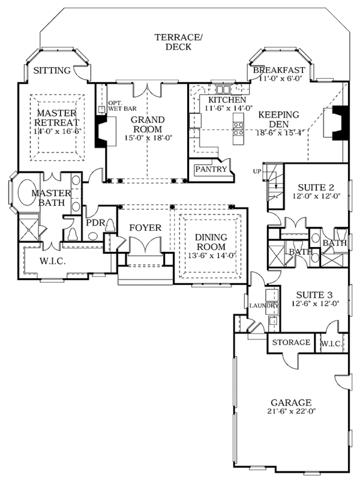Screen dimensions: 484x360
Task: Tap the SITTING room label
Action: pos(52,71)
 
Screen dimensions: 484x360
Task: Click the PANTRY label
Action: pos(211,169)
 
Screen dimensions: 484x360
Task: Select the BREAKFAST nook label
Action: pos(279,70)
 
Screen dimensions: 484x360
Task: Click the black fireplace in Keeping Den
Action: pos(340,122)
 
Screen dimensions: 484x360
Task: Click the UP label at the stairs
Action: pos(257,171)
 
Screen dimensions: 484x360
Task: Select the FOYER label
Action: pos(145,227)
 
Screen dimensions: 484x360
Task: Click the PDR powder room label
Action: pos(95,223)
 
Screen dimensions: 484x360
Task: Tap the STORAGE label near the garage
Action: pos(292,342)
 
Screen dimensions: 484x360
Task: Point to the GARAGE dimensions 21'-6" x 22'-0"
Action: pos(290,412)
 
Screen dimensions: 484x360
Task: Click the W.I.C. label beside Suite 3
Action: pos(332,344)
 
